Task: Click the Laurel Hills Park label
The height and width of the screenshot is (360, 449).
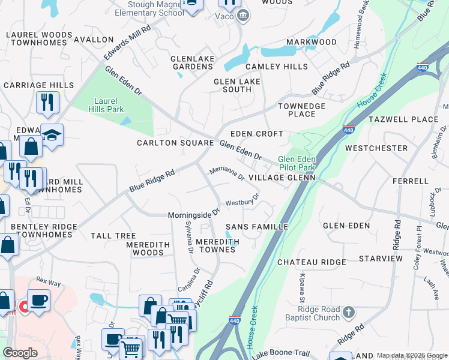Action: (106, 105)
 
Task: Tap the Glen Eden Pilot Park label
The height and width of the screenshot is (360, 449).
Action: (297, 163)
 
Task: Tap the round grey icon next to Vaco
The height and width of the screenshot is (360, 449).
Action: (243, 16)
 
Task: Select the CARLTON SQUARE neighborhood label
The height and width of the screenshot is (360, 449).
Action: (175, 143)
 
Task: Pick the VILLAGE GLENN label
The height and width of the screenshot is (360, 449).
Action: (282, 178)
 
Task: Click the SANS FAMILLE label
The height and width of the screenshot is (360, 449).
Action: (257, 227)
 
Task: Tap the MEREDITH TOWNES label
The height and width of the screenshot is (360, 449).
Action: (217, 245)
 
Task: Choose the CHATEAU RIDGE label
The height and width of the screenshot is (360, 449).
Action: (312, 262)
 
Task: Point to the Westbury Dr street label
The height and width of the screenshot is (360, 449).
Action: (242, 200)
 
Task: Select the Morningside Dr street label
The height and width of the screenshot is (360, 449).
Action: (194, 213)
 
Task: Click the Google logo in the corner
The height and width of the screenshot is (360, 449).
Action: (20, 353)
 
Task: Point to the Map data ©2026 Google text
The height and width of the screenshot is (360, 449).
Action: (412, 356)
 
